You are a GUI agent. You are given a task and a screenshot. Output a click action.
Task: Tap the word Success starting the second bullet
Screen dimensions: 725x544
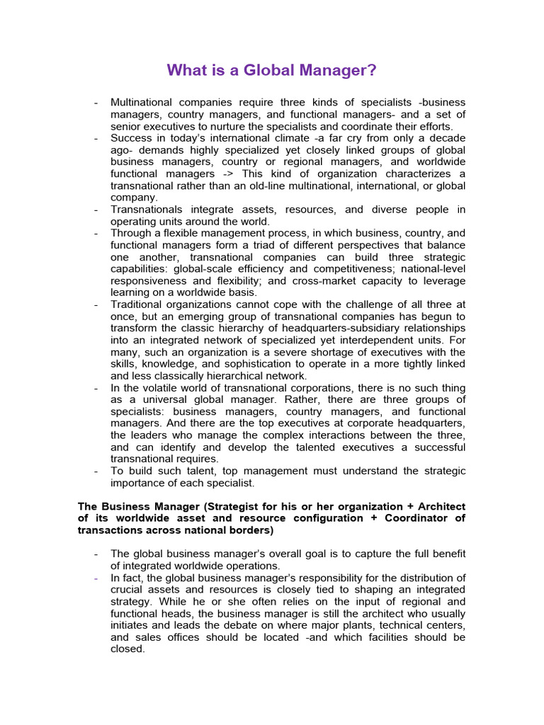pos(131,137)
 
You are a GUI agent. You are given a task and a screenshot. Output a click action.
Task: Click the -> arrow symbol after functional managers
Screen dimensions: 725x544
pos(228,173)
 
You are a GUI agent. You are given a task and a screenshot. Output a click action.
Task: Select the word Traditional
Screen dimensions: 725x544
pos(138,304)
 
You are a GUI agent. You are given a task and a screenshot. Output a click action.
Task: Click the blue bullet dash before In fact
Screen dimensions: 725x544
pos(96,578)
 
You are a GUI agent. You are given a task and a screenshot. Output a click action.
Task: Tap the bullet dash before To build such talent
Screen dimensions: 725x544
pos(96,472)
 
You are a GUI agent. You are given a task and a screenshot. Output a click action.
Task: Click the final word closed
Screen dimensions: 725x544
pos(127,649)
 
